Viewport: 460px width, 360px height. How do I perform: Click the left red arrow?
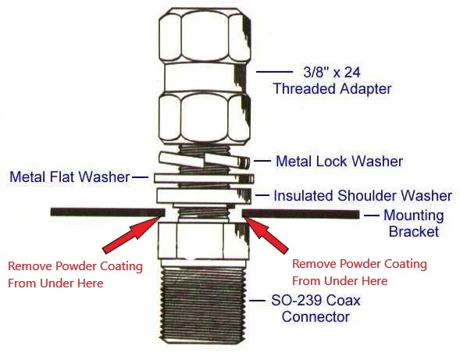click(133, 234)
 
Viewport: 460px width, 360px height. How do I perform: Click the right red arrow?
click(266, 234)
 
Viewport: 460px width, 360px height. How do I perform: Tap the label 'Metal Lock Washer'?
click(340, 161)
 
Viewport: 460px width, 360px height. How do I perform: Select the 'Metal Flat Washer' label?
click(70, 177)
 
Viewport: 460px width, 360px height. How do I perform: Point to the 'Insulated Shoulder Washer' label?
click(363, 196)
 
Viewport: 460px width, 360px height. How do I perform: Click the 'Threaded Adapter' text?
click(333, 88)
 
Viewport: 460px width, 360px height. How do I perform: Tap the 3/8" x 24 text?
click(332, 72)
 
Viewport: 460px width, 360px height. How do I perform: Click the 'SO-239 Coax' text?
click(316, 300)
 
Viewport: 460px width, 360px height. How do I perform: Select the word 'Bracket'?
click(414, 231)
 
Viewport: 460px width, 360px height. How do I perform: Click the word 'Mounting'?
click(414, 216)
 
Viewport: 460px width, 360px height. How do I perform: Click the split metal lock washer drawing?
click(205, 161)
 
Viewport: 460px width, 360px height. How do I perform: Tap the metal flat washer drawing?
click(204, 178)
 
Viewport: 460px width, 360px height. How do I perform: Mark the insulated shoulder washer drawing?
click(204, 196)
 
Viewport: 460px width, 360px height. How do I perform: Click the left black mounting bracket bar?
click(108, 212)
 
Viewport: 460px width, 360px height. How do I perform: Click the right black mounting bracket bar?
click(301, 214)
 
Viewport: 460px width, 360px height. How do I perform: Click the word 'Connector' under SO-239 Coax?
click(316, 317)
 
